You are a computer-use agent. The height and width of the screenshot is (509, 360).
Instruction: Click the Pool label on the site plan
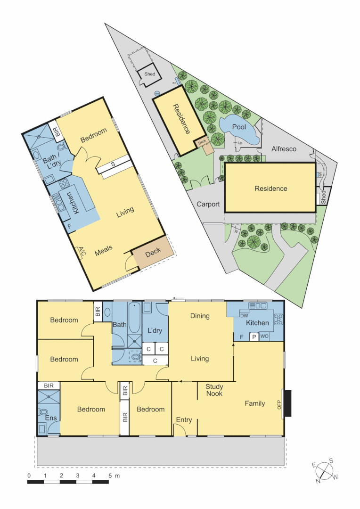(x=239, y=127)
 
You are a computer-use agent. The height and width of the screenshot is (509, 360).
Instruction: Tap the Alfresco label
(x=284, y=149)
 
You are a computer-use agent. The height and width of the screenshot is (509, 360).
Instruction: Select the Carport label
(x=208, y=204)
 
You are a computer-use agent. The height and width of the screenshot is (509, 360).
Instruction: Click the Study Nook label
(x=214, y=390)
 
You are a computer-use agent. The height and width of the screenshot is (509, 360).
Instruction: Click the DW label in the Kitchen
(x=244, y=316)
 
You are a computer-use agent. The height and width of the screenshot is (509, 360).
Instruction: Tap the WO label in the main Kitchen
(x=264, y=337)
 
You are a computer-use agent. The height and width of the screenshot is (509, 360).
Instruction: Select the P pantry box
(x=254, y=337)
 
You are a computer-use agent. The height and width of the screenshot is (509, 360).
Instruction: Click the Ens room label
(x=51, y=418)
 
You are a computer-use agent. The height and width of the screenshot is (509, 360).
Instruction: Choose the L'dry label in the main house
(x=155, y=330)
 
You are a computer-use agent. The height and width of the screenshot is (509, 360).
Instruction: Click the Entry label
(x=184, y=420)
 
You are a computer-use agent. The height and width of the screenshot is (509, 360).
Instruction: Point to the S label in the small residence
(x=113, y=164)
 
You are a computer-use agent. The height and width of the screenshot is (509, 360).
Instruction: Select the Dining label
(x=200, y=316)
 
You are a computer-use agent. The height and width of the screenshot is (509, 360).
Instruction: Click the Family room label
(x=254, y=403)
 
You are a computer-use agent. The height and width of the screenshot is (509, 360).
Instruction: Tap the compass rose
(x=324, y=469)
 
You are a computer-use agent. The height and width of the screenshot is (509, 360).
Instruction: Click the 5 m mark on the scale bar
(x=110, y=476)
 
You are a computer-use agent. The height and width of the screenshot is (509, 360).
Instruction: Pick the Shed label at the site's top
(x=149, y=74)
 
